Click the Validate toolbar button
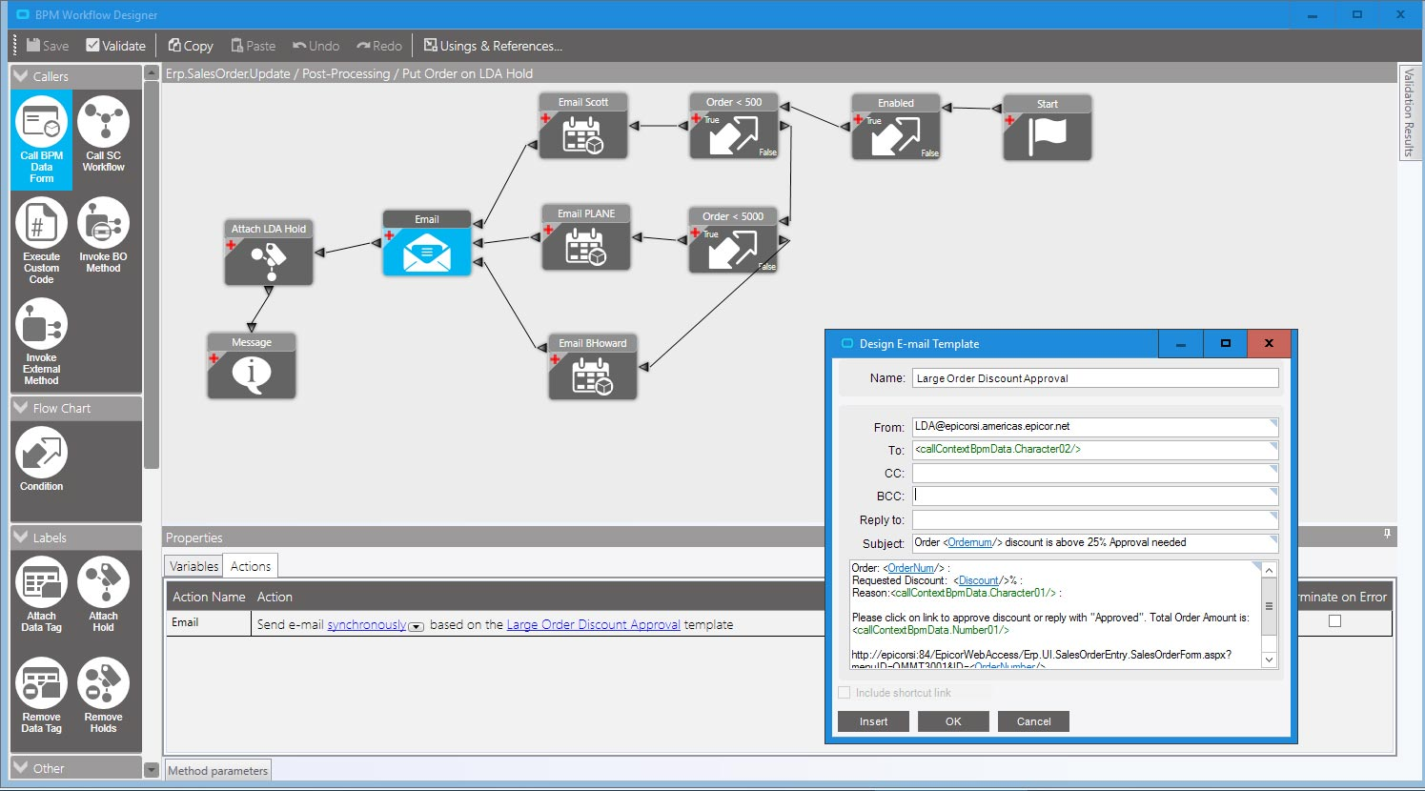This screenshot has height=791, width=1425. pos(115,46)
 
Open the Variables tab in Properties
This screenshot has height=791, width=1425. pos(193,566)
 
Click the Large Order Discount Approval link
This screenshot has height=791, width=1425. pos(593,625)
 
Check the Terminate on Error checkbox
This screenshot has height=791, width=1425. pos(1334,621)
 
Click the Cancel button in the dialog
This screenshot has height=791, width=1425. pos(1033,721)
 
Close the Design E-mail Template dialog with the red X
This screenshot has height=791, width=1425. pos(1269,344)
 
